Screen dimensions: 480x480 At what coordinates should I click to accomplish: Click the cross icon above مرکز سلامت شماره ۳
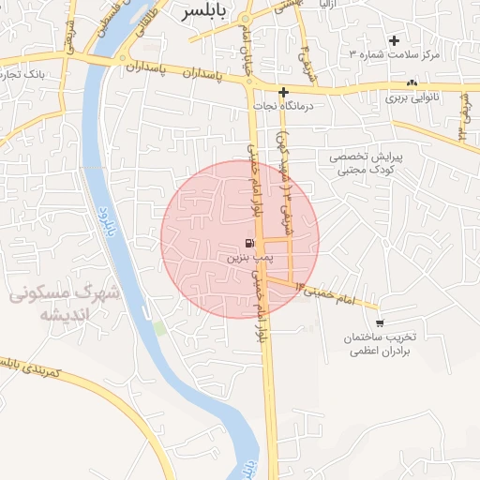(x=394, y=40)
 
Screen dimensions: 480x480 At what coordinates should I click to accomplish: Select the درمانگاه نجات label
(x=282, y=106)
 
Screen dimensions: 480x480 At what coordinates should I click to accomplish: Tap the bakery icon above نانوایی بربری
(x=413, y=83)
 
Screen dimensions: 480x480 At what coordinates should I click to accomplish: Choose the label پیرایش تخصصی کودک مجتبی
(x=367, y=164)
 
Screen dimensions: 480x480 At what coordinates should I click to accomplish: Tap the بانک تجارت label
(x=33, y=72)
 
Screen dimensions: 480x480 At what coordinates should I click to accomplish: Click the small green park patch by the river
(x=158, y=328)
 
